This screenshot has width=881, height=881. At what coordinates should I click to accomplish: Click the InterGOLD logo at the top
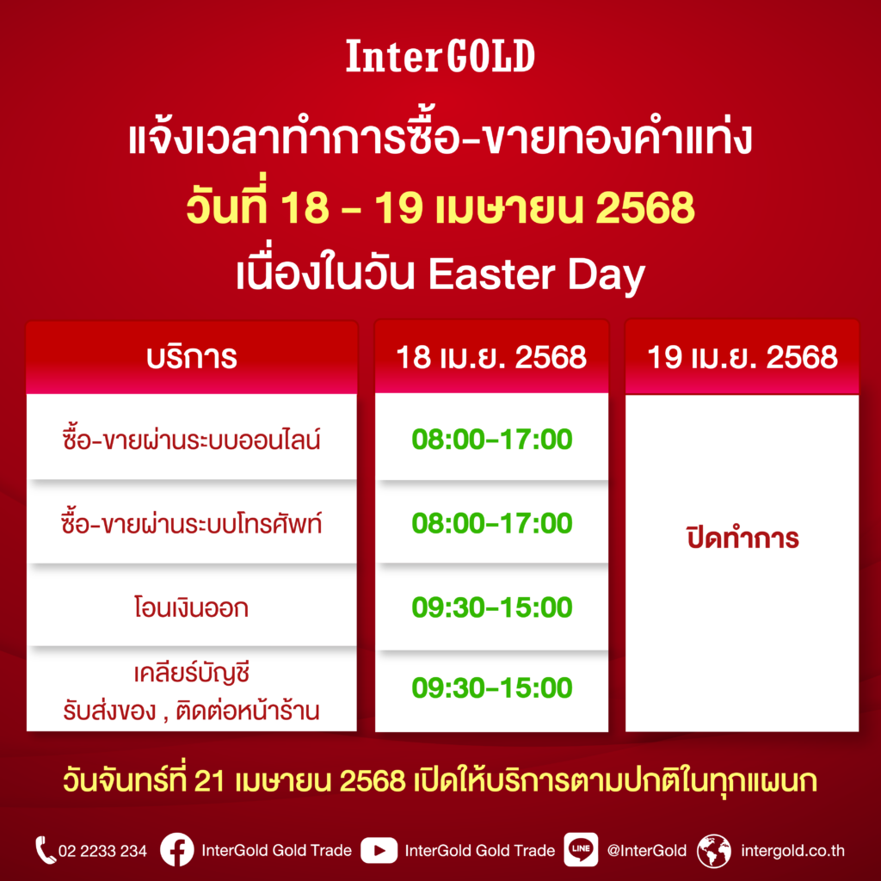tap(440, 56)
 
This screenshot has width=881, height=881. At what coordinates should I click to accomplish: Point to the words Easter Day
tap(537, 276)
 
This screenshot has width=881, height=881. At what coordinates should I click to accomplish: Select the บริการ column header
tap(192, 357)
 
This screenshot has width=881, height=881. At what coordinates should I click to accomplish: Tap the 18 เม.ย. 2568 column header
tap(491, 357)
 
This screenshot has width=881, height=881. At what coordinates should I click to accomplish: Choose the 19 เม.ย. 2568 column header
tap(742, 357)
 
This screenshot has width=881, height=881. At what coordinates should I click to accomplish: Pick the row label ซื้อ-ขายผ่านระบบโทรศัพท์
tap(192, 523)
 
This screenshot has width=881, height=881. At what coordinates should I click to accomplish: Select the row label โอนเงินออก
tap(192, 607)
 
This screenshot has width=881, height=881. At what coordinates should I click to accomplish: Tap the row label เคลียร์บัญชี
tap(192, 673)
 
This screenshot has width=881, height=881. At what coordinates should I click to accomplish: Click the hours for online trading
tap(491, 439)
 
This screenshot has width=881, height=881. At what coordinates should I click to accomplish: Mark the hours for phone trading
tap(491, 523)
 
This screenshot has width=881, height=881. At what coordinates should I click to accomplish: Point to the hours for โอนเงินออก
tap(491, 607)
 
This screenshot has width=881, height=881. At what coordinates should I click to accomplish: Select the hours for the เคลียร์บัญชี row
tap(491, 687)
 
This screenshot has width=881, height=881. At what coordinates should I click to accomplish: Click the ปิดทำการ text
tap(742, 538)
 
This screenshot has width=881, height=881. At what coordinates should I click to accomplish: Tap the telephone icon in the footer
tap(45, 850)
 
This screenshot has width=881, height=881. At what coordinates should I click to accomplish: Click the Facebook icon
tap(177, 850)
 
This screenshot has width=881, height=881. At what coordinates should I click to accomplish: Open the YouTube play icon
tap(379, 851)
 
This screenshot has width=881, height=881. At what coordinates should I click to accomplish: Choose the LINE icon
tap(581, 850)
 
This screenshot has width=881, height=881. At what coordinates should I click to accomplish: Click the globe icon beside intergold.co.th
tap(713, 851)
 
